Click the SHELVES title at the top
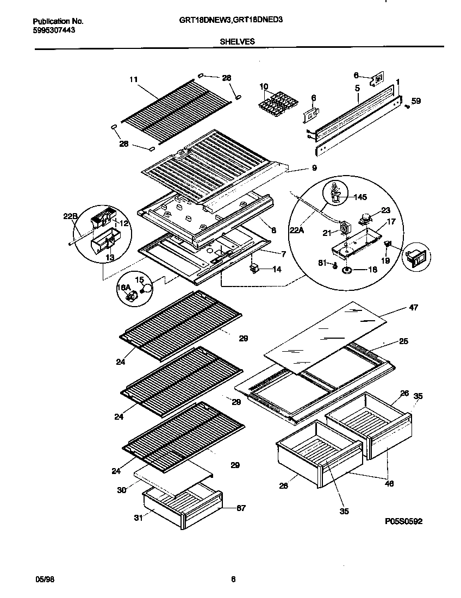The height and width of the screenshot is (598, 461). coord(237,41)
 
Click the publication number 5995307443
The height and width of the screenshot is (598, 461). coord(54,30)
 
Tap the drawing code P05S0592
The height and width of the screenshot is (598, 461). coord(403,521)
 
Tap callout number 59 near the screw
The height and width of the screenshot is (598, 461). coord(416,101)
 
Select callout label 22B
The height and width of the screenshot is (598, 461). coord(71,216)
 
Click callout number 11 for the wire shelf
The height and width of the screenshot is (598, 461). coord(133,79)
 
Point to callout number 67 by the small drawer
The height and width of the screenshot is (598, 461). coord(241,508)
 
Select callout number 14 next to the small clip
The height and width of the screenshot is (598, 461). coord(277,269)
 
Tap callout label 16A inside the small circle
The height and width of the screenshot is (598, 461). coord(124,287)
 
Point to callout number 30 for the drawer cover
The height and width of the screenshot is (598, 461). coord(121,490)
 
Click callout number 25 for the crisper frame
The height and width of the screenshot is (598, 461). coord(403,341)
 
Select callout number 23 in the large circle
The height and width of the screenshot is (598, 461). coord(385,211)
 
